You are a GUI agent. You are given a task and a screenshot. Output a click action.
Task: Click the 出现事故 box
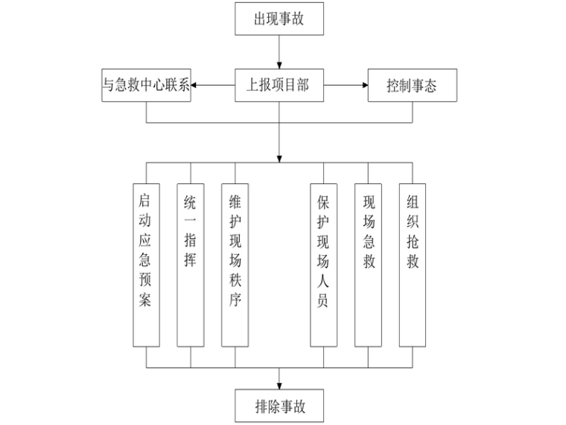click(x=279, y=19)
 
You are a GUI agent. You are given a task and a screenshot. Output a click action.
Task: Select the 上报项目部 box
click(x=279, y=86)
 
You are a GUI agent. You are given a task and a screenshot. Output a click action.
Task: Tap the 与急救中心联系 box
click(x=146, y=86)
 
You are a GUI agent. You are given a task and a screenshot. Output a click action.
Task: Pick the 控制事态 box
click(x=412, y=86)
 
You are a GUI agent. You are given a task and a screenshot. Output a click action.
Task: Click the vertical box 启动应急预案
click(x=146, y=265)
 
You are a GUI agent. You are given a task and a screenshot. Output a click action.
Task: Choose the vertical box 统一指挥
click(x=191, y=265)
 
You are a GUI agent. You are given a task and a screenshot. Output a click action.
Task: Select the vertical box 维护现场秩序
click(x=235, y=265)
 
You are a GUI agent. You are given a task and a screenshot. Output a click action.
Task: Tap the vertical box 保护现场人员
click(x=323, y=265)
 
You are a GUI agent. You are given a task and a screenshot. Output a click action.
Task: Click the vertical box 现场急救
click(x=368, y=265)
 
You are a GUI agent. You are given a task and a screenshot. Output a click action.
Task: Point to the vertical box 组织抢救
click(x=413, y=265)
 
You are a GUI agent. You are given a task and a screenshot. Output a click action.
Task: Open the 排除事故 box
click(x=279, y=407)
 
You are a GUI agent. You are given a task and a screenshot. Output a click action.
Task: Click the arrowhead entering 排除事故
click(x=279, y=384)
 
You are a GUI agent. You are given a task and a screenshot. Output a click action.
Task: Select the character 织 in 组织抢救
click(x=413, y=223)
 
